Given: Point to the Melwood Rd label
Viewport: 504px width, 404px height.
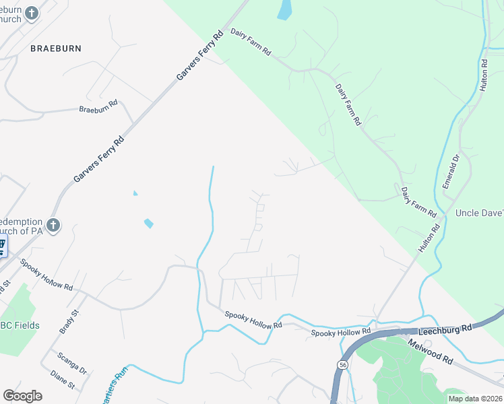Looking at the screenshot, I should (430, 351).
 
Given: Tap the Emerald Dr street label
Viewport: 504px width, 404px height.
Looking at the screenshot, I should (450, 172).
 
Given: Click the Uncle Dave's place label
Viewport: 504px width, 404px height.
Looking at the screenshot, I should (480, 213).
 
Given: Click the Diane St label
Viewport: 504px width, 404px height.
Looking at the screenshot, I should (62, 380).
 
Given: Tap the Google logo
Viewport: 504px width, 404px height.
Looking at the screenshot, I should (22, 396).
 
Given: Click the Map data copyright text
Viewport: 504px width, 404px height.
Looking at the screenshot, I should (475, 399).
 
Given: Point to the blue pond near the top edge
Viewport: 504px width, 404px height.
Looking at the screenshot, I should (285, 9).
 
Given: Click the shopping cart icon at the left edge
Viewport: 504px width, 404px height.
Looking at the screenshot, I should (2, 244).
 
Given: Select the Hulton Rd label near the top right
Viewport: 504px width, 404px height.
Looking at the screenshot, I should (483, 74).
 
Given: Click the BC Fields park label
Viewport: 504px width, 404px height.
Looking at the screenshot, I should (20, 325).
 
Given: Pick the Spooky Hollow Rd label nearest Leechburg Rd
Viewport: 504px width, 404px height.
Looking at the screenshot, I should (341, 333).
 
